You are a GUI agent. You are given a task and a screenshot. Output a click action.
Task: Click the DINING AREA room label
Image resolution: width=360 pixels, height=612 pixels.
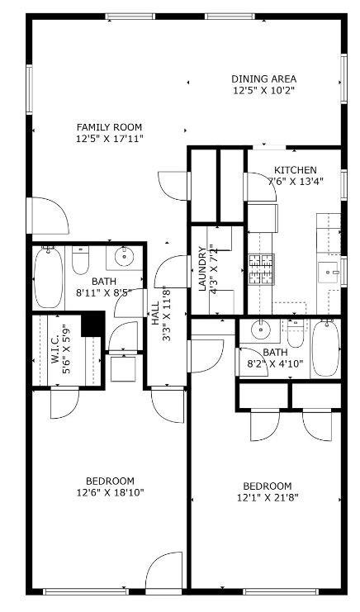pos(263,78)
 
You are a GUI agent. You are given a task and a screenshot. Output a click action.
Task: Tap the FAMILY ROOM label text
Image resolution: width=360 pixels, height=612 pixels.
pos(109,127)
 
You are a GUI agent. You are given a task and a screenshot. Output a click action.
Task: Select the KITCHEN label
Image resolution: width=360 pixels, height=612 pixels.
pos(296,170)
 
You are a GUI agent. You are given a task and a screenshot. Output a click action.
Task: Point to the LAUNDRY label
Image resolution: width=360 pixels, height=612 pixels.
pos(202,269)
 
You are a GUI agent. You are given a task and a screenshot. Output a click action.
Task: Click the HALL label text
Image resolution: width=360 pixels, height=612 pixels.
pos(155,313)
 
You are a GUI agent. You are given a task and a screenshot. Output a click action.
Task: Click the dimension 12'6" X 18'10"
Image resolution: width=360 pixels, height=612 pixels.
pos(111,492)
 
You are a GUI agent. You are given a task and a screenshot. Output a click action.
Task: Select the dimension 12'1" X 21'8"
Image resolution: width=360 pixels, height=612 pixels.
pos(268,498)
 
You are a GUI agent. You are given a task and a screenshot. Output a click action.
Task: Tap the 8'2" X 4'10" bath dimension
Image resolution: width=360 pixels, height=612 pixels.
pos(276,364)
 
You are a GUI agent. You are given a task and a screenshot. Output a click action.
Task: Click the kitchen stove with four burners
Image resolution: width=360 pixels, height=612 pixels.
pos(261,269)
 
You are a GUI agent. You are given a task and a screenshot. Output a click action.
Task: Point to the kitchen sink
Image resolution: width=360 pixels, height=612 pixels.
pos(328,273)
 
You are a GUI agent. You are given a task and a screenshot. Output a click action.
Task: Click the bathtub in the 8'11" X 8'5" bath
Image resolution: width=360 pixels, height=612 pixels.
pos(48,278)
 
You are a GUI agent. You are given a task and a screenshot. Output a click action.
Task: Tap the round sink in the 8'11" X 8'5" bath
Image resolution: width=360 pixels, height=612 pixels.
pos(125,256)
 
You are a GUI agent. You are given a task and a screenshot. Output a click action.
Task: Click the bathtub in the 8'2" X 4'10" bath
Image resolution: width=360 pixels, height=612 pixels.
pos(325,349)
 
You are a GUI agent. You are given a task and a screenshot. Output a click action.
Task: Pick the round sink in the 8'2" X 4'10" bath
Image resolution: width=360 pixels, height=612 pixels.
pos(261,330)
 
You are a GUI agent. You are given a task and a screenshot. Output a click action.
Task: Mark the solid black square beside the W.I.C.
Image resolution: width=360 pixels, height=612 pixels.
pos(92,323)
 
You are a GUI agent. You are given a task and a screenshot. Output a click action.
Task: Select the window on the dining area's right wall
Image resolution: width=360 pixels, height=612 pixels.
pos(343,78)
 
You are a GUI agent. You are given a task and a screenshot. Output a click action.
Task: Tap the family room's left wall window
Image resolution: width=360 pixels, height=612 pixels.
pos(29,89)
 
